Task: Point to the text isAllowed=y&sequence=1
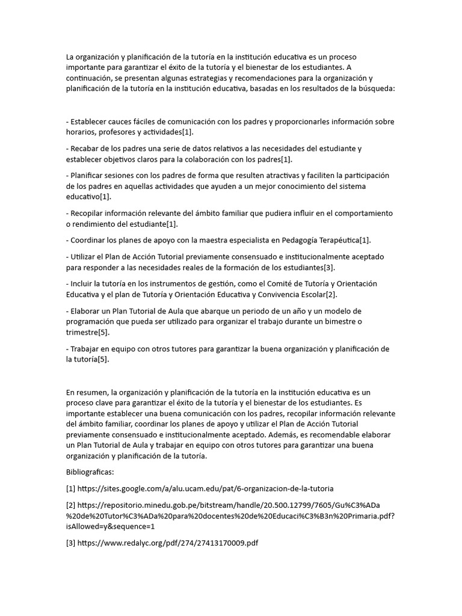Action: tap(111, 526)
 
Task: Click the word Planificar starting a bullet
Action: tap(90, 176)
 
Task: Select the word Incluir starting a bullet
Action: tap(84, 283)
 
